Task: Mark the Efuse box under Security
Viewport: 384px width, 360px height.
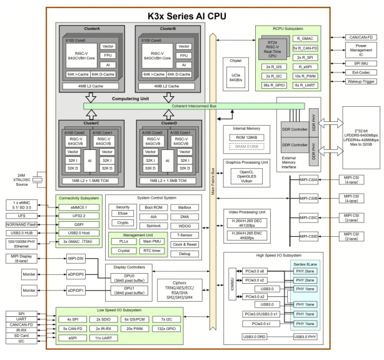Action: point(123,213)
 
